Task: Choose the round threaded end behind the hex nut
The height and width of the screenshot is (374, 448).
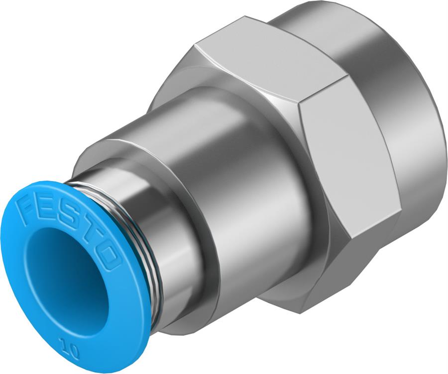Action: click(398, 99)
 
